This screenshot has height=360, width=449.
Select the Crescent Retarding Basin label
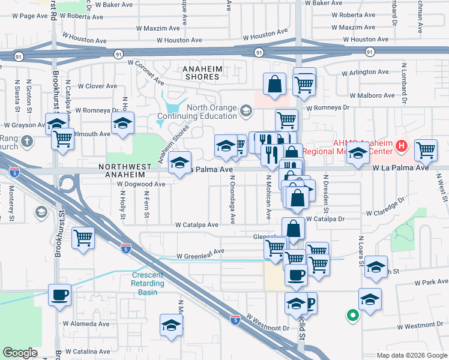(x=148, y=283)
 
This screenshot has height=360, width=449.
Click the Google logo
(x=20, y=353)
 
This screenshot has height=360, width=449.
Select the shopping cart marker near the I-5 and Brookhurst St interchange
(x=82, y=237)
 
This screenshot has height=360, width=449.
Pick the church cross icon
(x=26, y=142)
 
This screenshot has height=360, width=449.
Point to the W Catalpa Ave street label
(x=197, y=225)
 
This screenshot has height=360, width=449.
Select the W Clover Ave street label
(x=92, y=86)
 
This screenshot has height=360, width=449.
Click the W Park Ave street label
(x=427, y=282)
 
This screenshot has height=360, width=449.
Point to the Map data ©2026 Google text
(x=412, y=355)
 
